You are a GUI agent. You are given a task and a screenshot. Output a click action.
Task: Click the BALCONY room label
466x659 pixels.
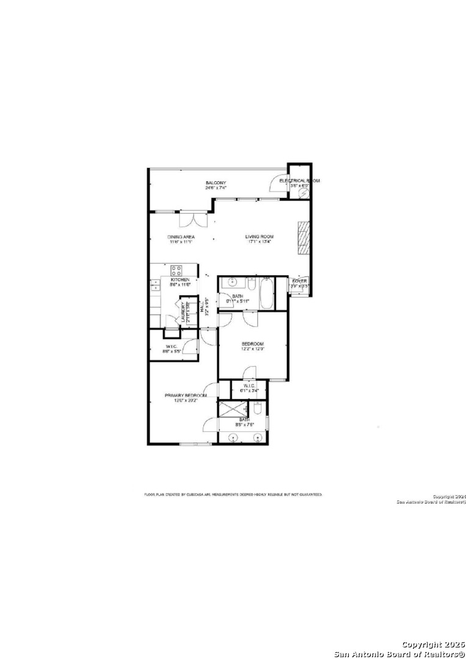(x=216, y=183)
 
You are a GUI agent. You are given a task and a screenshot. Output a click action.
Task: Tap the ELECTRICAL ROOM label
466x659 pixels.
(x=299, y=181)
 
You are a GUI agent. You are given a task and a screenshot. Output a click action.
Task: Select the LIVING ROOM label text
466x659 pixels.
(x=259, y=237)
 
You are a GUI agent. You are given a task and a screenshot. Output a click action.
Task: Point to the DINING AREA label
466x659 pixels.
(x=181, y=237)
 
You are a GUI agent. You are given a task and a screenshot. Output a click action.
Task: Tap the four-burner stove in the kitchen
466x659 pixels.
(x=177, y=270)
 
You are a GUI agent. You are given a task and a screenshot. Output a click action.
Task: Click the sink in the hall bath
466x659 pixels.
(x=231, y=283)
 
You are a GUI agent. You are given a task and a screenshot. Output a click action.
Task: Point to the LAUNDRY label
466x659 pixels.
(x=183, y=312)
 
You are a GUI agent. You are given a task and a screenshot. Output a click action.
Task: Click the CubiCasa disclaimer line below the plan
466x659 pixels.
(x=233, y=494)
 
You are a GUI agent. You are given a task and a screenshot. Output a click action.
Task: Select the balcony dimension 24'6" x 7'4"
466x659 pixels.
(x=216, y=189)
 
